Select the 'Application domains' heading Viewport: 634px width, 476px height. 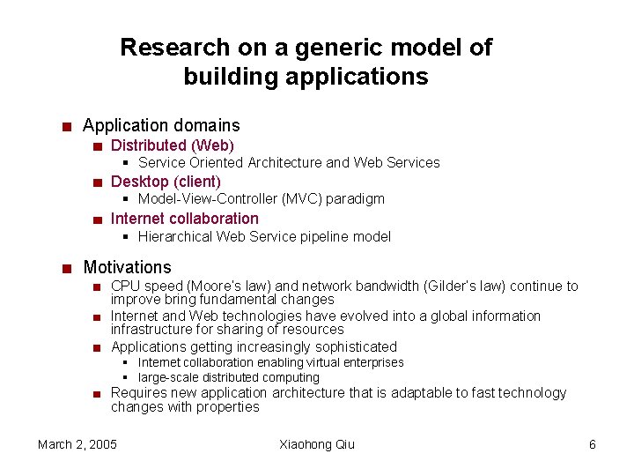(161, 126)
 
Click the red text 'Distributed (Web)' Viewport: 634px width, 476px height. (173, 145)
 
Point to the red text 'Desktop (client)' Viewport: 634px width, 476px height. (166, 182)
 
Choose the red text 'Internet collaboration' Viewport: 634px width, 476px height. (185, 219)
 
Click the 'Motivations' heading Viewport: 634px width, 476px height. (127, 267)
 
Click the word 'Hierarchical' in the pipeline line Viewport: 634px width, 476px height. (176, 236)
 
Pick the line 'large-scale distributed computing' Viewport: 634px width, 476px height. (229, 377)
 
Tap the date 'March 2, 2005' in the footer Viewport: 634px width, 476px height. (77, 444)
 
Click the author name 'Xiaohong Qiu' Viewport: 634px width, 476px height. (317, 444)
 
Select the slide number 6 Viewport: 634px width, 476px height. (593, 444)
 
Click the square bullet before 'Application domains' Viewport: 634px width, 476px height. (67, 127)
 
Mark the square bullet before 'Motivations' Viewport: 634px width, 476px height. (67, 268)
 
